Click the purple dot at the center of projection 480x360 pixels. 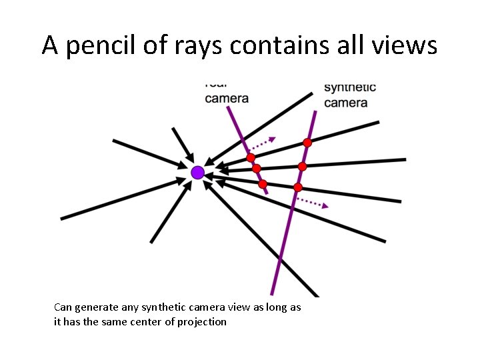197,173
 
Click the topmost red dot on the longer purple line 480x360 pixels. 307,143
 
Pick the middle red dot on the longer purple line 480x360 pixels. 302,166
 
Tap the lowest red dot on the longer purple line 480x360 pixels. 298,187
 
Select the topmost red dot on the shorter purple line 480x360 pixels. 251,158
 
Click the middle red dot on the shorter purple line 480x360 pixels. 256,169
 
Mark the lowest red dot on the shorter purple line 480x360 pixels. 263,183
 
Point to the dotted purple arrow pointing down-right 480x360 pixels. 312,202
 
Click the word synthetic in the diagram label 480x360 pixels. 350,87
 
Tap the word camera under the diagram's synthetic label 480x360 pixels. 345,103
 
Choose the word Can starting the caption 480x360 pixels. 62,307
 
